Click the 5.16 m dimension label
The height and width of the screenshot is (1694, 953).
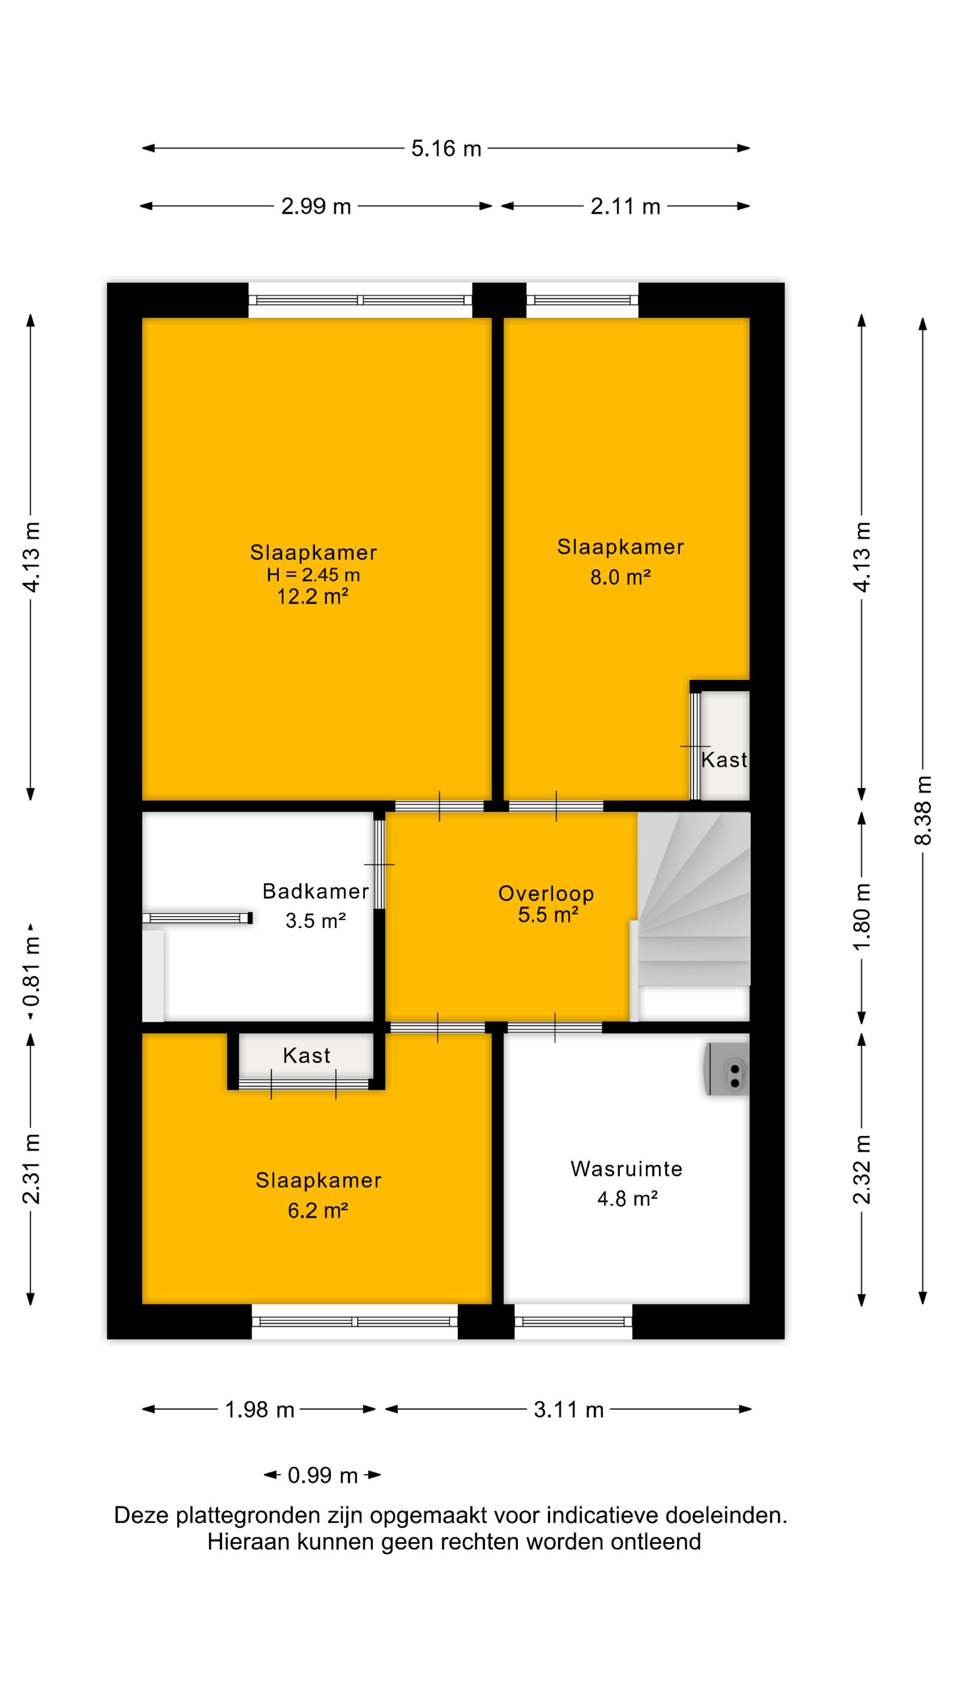446,149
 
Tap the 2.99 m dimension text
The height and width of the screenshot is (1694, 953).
316,206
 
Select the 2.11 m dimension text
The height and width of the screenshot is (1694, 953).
625,206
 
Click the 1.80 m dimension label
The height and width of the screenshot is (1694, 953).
862,915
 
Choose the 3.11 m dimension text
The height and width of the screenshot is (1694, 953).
568,1409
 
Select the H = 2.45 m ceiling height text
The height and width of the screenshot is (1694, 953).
313,575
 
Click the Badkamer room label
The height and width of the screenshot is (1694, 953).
316,891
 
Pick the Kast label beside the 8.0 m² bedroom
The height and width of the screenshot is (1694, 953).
724,760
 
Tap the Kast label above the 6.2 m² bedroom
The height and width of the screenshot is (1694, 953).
307,1056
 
